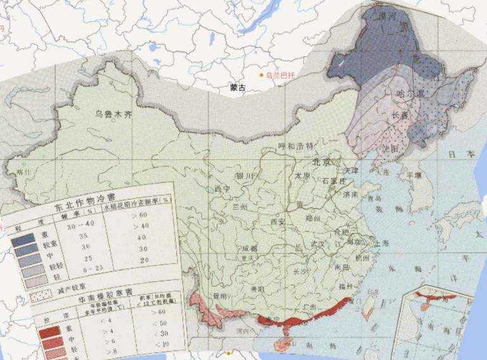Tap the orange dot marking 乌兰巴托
coord(261,75)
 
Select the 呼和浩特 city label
coord(296,146)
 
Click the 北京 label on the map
coord(322,162)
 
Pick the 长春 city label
coord(400,115)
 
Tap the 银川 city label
coord(244,176)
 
